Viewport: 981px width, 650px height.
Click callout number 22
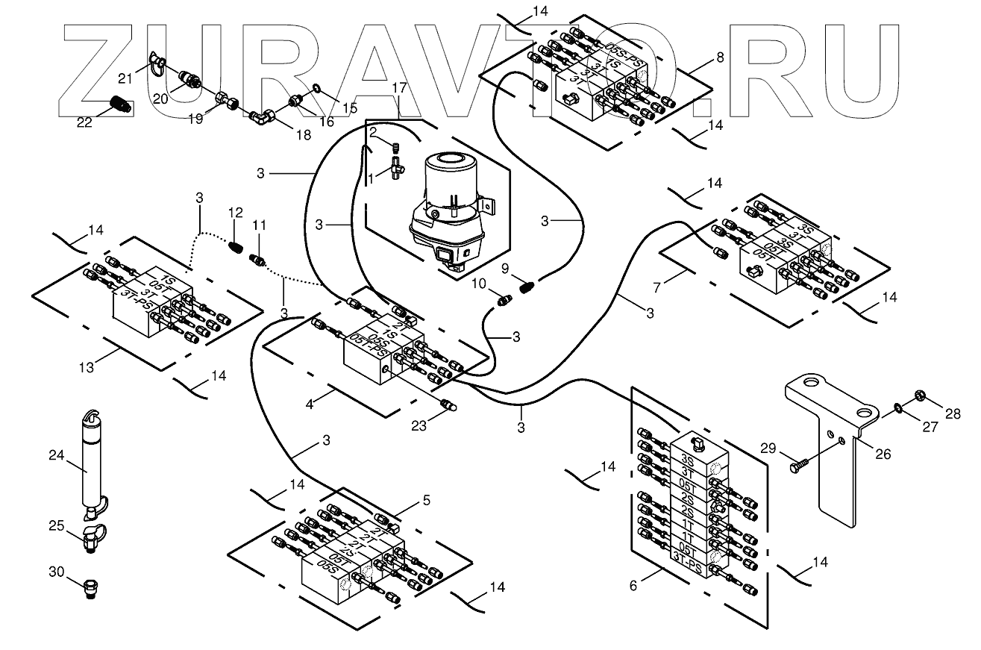coord(84,122)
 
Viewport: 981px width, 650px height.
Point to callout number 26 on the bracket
coord(884,453)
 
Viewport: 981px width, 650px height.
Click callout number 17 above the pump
coord(400,89)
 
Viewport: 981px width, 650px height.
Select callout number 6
coord(633,586)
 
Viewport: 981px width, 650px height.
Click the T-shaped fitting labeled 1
coord(396,169)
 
